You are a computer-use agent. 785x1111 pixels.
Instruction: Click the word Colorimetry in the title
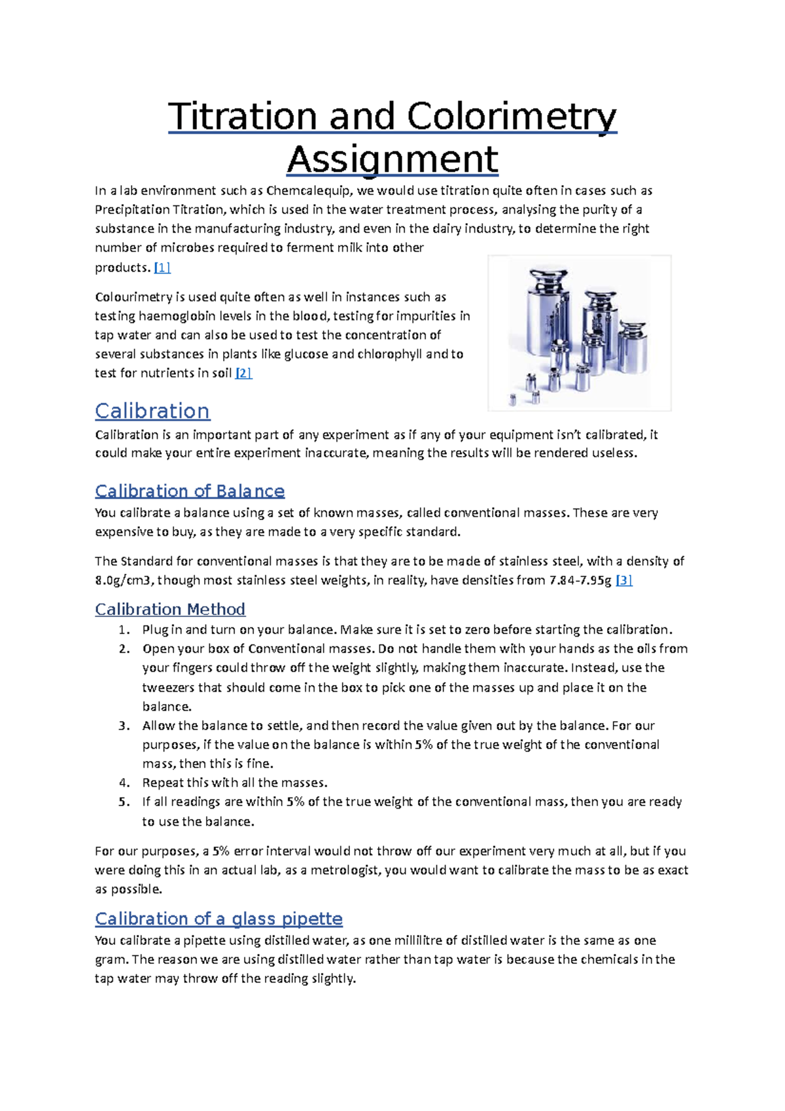[x=511, y=116]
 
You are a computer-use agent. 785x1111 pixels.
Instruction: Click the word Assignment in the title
[x=392, y=159]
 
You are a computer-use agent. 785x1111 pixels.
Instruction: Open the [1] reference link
[x=162, y=267]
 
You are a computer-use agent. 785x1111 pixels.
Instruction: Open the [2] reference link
[x=243, y=373]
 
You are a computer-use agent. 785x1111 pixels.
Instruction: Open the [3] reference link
[x=624, y=580]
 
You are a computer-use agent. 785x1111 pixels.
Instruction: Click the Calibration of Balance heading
[x=190, y=491]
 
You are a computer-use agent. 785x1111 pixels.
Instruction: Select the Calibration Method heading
[x=170, y=609]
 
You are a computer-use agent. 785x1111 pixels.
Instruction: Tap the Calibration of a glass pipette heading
[x=218, y=919]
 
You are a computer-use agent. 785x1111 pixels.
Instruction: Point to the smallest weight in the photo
[x=513, y=400]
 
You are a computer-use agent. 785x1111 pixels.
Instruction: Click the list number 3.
[x=124, y=726]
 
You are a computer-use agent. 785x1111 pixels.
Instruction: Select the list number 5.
[x=124, y=802]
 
